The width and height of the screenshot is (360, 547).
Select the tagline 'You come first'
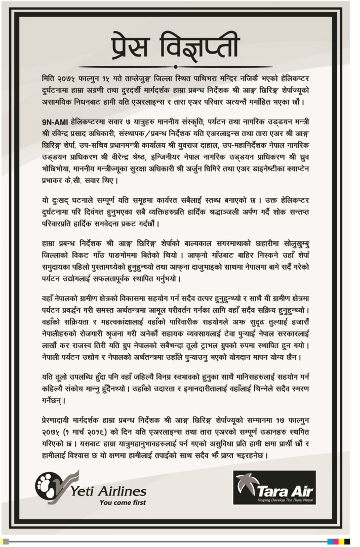[x=123, y=503]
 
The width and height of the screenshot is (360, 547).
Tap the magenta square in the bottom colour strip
[x=336, y=541]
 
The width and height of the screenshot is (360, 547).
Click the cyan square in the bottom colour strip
[x=330, y=541]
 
